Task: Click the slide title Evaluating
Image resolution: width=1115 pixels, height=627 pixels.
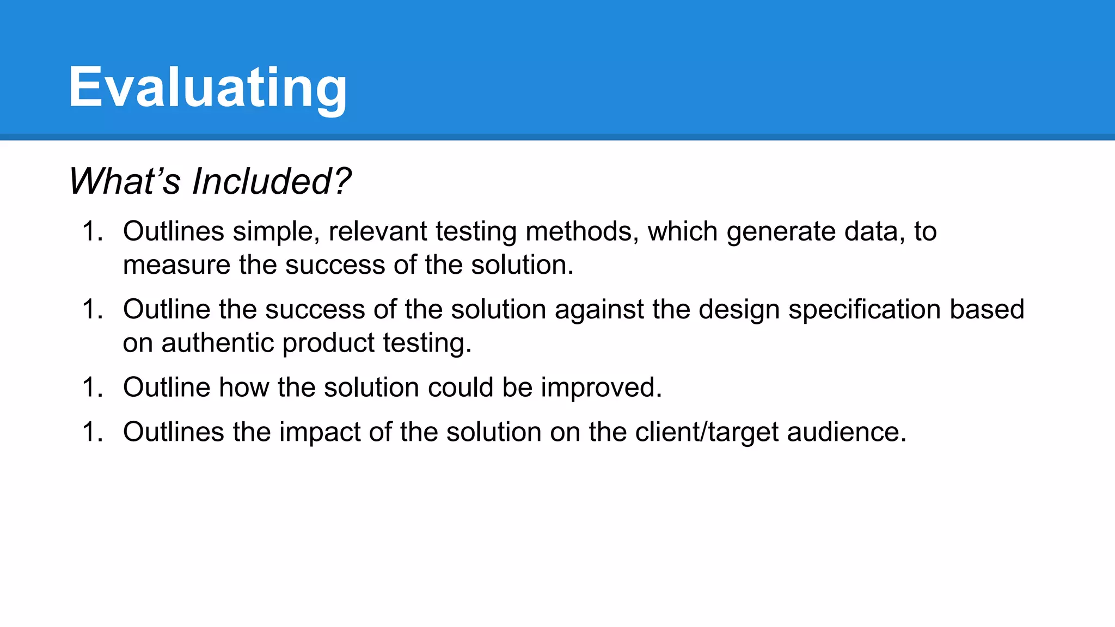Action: pyautogui.click(x=207, y=87)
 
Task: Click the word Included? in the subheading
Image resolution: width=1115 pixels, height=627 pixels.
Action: pyautogui.click(x=272, y=181)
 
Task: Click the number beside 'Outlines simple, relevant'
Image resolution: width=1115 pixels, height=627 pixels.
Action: pyautogui.click(x=92, y=231)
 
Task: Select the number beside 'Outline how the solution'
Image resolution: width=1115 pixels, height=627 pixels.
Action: pyautogui.click(x=92, y=388)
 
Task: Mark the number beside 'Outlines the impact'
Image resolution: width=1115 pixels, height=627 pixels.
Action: pyautogui.click(x=92, y=432)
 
